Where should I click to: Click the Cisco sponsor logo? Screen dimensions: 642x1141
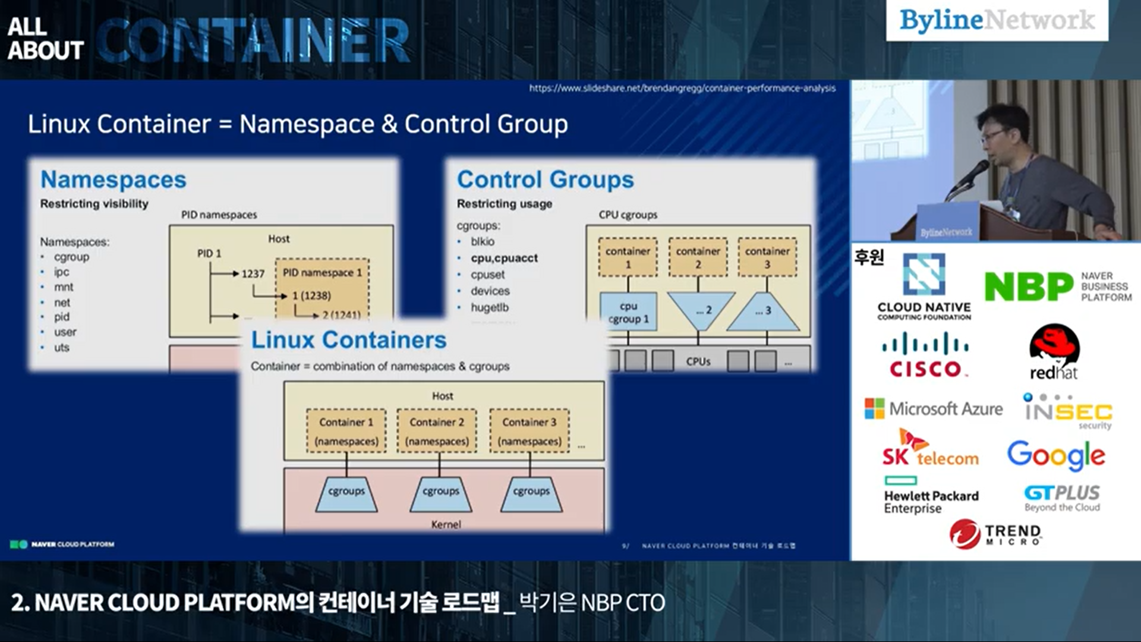click(x=925, y=355)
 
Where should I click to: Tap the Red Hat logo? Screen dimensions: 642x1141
click(x=1054, y=352)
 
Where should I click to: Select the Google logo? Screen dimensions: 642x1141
click(x=1056, y=455)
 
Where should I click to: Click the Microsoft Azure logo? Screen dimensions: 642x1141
click(x=933, y=409)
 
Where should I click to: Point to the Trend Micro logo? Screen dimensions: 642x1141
click(x=995, y=533)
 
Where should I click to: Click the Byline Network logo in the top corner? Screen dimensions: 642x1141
click(x=997, y=20)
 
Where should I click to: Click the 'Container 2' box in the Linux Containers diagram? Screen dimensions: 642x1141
click(x=437, y=431)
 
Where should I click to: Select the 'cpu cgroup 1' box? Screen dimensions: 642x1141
click(x=628, y=313)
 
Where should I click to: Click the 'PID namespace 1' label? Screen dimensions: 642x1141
click(x=322, y=272)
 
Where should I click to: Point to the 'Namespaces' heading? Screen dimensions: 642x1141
click(x=113, y=180)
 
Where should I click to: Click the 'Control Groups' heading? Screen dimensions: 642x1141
click(x=545, y=180)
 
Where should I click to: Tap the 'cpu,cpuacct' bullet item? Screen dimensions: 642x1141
click(x=504, y=258)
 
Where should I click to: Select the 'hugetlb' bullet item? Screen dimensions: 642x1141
click(x=490, y=307)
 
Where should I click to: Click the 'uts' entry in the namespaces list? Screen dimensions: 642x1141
click(x=62, y=347)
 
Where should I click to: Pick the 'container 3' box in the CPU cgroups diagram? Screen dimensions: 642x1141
click(x=767, y=257)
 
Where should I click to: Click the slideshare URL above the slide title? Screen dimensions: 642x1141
click(x=682, y=88)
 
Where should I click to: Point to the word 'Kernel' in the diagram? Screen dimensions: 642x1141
click(x=446, y=524)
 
